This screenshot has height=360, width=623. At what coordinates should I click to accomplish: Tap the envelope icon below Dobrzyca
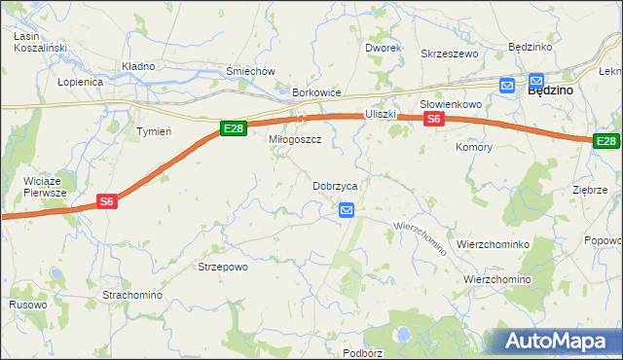click(x=347, y=209)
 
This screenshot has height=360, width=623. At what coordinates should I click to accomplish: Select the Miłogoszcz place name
click(x=295, y=140)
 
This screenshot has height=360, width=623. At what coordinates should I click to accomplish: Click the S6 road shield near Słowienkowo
click(x=434, y=119)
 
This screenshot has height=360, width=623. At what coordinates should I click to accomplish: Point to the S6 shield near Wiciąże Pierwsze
click(x=108, y=201)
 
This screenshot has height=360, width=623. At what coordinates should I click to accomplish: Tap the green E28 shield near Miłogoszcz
click(x=232, y=127)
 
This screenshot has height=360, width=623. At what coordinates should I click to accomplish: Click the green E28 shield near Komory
click(x=606, y=141)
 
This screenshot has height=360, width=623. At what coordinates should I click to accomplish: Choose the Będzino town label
click(x=550, y=89)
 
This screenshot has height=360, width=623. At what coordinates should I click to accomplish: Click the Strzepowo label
click(x=223, y=267)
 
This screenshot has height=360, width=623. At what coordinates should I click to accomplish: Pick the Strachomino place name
click(x=132, y=294)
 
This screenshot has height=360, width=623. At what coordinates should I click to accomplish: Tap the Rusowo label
click(x=28, y=305)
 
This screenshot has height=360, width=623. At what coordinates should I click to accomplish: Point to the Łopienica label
click(x=80, y=82)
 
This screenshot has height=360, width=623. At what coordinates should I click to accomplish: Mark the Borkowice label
click(x=316, y=93)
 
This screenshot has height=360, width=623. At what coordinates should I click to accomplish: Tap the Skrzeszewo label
click(x=449, y=54)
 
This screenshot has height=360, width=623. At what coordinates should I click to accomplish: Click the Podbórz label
click(x=363, y=352)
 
